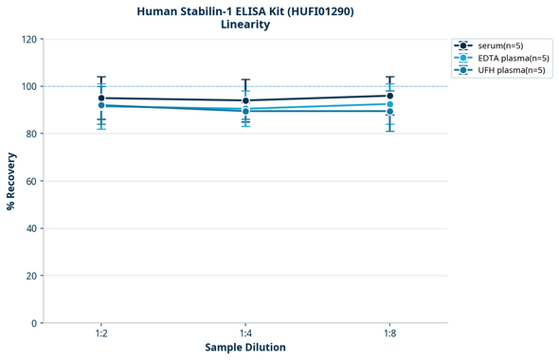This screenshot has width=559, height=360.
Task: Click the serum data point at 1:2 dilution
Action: click(101, 98)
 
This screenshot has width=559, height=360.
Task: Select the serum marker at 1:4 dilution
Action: click(245, 100)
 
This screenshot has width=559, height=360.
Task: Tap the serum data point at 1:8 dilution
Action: click(389, 96)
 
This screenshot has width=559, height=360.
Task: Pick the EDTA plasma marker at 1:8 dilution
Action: click(389, 104)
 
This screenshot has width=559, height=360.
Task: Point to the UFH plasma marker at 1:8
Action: click(389, 112)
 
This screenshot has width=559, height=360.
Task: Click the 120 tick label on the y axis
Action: click(30, 39)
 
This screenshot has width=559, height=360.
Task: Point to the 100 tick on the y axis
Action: click(30, 86)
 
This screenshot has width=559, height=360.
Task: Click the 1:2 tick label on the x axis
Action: click(101, 333)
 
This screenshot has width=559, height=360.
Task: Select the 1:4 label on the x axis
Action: click(245, 333)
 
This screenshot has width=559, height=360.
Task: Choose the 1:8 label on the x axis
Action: click(389, 333)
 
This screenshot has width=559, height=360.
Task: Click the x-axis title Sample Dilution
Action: click(245, 348)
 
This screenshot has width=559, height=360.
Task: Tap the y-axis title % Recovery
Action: click(11, 181)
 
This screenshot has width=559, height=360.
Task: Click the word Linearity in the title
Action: click(244, 25)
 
